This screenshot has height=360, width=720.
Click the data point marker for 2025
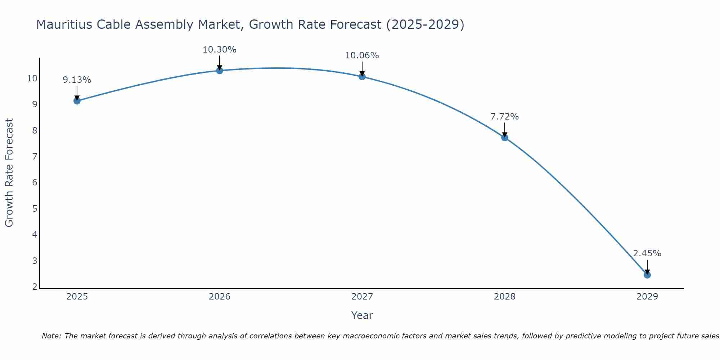pyautogui.click(x=77, y=101)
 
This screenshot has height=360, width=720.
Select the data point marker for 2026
pyautogui.click(x=219, y=71)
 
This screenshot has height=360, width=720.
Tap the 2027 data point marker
pyautogui.click(x=362, y=77)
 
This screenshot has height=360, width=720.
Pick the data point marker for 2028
pyautogui.click(x=504, y=138)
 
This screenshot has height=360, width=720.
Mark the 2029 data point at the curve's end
pyautogui.click(x=647, y=275)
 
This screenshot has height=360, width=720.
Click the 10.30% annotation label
pyautogui.click(x=219, y=50)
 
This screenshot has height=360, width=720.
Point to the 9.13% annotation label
pyautogui.click(x=77, y=80)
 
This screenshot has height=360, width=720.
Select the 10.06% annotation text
pyautogui.click(x=362, y=55)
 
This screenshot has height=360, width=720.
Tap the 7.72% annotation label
pyautogui.click(x=504, y=117)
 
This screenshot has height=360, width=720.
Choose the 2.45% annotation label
pyautogui.click(x=647, y=253)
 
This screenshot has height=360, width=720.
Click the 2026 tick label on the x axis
pyautogui.click(x=219, y=297)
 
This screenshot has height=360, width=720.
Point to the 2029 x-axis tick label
pyautogui.click(x=647, y=297)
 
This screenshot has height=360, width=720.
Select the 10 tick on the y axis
pyautogui.click(x=32, y=78)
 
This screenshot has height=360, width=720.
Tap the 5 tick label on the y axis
pyautogui.click(x=35, y=209)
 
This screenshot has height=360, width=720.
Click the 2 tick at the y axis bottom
pyautogui.click(x=35, y=287)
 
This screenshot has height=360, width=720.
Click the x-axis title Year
pyautogui.click(x=362, y=315)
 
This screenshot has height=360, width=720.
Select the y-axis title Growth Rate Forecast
pyautogui.click(x=9, y=173)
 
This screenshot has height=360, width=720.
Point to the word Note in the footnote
pyautogui.click(x=51, y=336)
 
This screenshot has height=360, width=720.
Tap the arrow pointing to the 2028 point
pyautogui.click(x=504, y=130)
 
